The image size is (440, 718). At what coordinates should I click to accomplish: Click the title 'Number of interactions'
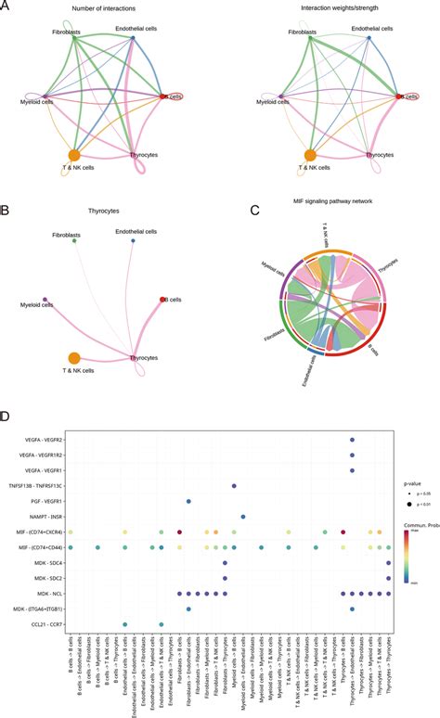tap(93, 7)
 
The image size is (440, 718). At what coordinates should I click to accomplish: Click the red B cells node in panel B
tap(162, 299)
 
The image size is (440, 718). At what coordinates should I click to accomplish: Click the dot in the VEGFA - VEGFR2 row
tap(353, 441)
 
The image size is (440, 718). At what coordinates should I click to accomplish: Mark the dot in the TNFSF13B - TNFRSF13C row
tap(234, 485)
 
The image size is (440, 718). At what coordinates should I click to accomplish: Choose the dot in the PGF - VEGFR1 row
tap(188, 501)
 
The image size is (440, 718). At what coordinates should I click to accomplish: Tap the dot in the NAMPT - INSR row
tap(243, 517)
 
